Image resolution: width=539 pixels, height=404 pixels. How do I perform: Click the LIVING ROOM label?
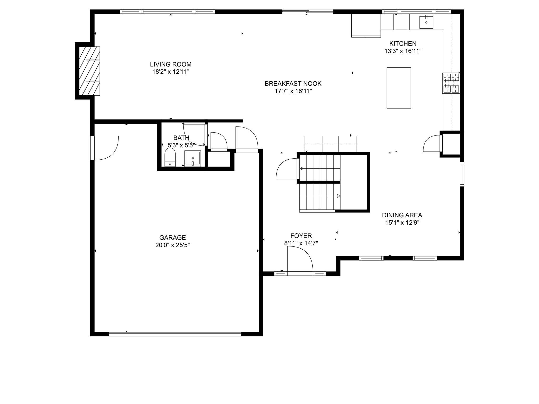171,64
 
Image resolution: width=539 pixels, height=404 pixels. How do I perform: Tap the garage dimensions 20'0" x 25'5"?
172,245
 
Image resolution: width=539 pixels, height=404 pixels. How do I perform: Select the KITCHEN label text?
403,44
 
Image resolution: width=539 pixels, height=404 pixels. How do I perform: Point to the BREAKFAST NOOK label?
293,84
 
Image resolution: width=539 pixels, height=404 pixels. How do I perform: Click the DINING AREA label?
402,215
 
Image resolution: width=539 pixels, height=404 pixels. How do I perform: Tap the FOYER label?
301,236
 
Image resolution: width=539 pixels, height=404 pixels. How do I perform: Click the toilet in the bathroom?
170,157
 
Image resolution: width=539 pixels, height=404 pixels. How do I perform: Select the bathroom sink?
193,158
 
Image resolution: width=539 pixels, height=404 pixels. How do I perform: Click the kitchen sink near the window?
426,22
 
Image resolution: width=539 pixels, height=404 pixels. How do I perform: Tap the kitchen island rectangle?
398,88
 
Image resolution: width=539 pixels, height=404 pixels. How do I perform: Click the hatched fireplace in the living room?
90,71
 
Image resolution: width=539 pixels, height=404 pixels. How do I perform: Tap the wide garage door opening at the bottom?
175,334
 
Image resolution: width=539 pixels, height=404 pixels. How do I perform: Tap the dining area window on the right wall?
462,174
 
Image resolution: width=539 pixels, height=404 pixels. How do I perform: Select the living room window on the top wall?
167,12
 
